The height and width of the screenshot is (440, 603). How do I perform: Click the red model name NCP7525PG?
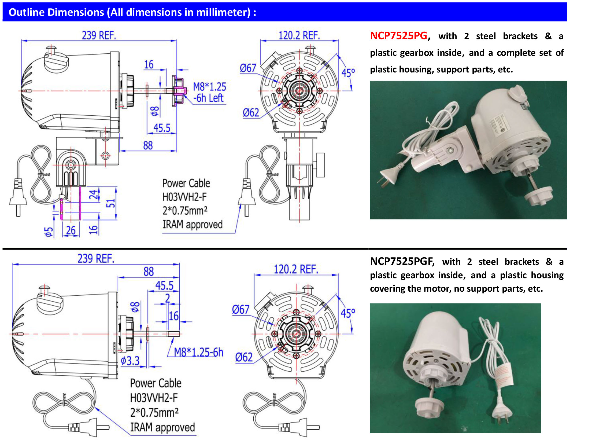coord(398,36)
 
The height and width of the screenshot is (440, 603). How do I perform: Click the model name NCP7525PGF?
coord(402,261)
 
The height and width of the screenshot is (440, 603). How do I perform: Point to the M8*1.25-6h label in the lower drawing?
coord(198,352)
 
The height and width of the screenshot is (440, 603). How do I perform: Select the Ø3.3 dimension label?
coord(130,361)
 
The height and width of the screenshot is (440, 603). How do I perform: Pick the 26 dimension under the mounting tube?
coord(71,230)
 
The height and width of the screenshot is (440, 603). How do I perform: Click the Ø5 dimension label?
coord(49,232)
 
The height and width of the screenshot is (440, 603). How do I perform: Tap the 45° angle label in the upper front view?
coord(348,73)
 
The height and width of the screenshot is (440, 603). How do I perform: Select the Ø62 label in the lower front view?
coord(244,357)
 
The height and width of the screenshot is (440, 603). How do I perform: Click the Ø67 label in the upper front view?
coord(248,68)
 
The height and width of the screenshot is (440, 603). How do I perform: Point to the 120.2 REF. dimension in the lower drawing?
coord(296,269)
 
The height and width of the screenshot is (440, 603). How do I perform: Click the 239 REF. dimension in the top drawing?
coord(99,35)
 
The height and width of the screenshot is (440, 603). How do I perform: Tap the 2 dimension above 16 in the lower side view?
coord(168,298)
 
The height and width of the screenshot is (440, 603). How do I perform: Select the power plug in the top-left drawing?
coord(18,197)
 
